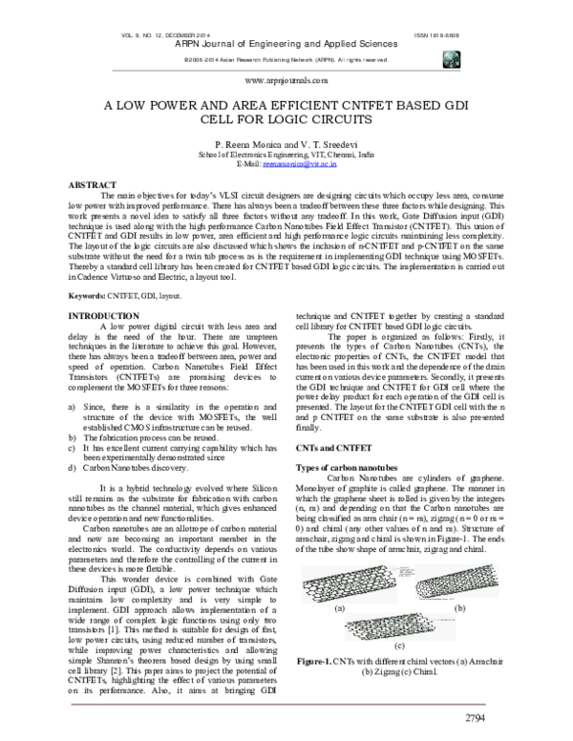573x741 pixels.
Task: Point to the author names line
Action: (286, 142)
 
